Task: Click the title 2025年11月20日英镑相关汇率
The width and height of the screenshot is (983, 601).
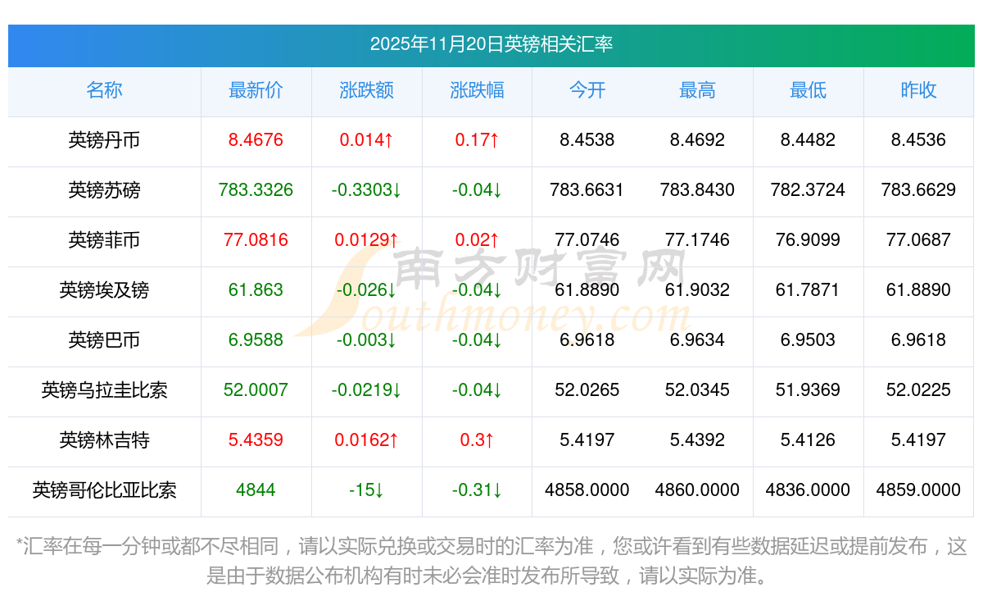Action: tap(491, 44)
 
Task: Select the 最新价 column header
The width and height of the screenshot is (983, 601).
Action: tap(256, 91)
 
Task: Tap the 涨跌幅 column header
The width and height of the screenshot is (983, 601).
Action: tap(477, 91)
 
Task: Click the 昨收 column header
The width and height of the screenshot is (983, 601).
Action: tap(918, 91)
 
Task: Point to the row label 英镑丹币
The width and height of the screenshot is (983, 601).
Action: tap(104, 140)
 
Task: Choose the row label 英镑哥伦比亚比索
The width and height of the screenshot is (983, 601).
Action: tap(104, 490)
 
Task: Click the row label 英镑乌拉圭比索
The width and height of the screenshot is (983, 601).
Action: tap(104, 390)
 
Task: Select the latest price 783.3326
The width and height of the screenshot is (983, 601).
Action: tap(256, 190)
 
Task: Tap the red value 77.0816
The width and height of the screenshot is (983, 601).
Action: tap(256, 240)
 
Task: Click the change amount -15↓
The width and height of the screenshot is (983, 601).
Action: tap(366, 490)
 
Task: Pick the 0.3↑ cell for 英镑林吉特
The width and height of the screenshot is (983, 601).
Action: tap(477, 440)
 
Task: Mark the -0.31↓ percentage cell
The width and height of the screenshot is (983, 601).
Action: tap(477, 490)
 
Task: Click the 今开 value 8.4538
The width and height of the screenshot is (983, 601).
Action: tap(587, 140)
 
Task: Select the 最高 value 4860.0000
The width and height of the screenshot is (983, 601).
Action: tap(697, 490)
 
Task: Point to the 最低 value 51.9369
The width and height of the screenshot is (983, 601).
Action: tap(808, 390)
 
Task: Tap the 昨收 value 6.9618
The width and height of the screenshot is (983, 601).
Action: tap(918, 340)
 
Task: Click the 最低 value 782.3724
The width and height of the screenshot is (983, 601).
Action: tap(808, 190)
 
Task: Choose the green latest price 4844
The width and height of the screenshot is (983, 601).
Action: tap(256, 490)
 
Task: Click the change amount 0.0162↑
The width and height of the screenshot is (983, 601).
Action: tap(366, 440)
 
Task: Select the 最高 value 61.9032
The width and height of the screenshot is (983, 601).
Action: tap(697, 290)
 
